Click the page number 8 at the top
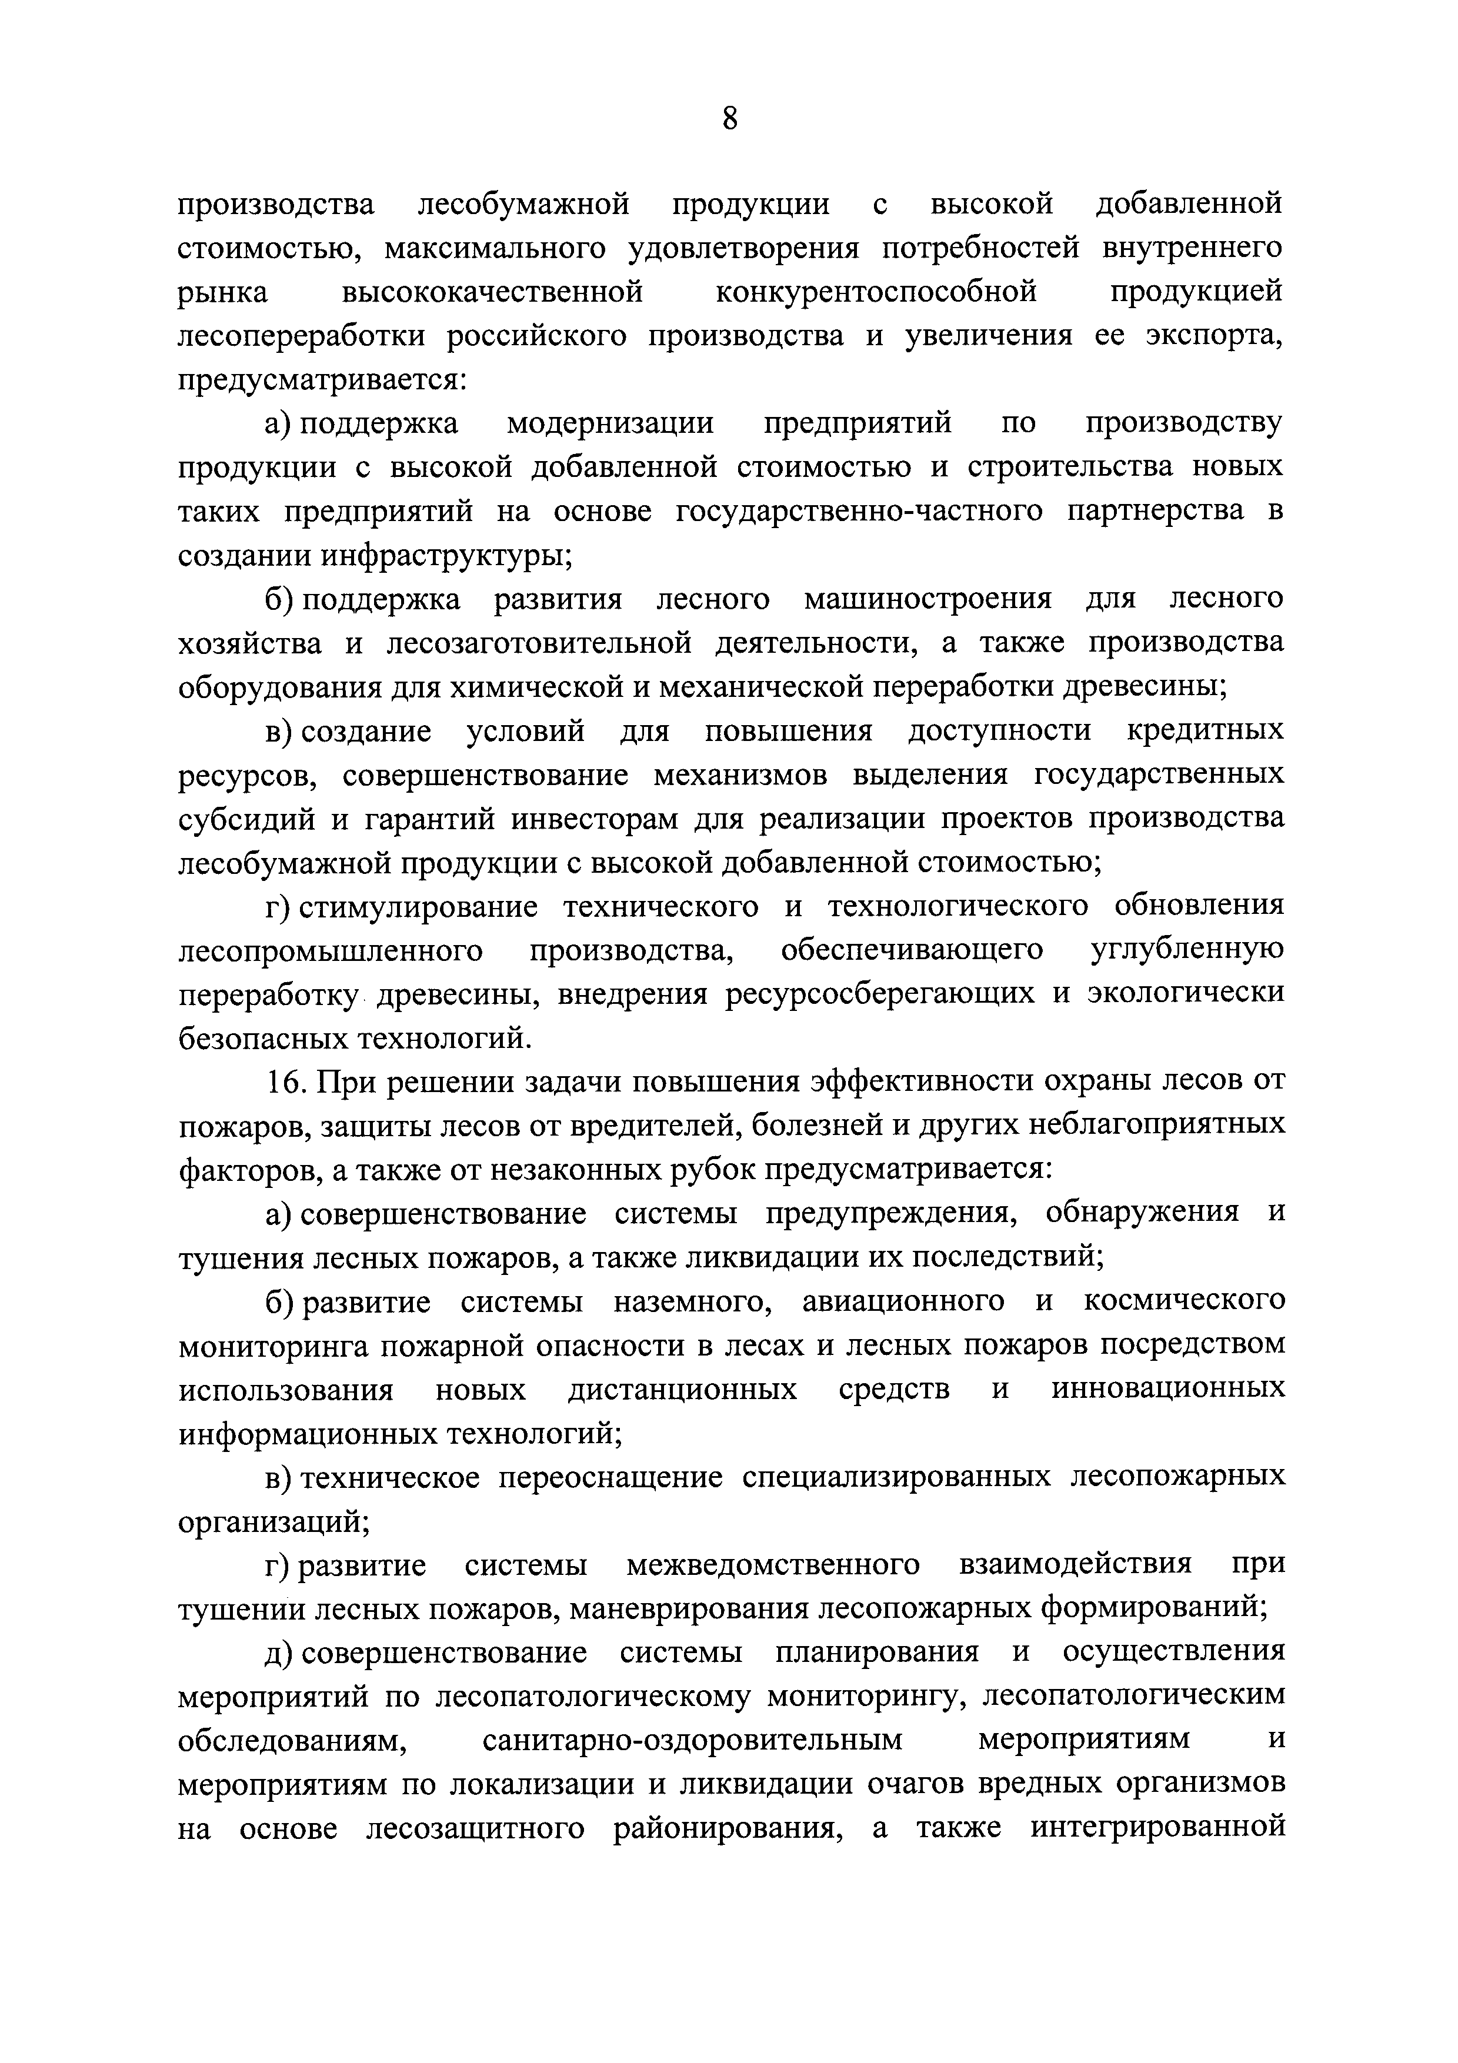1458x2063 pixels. (x=729, y=118)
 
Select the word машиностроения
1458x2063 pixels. (x=927, y=599)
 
